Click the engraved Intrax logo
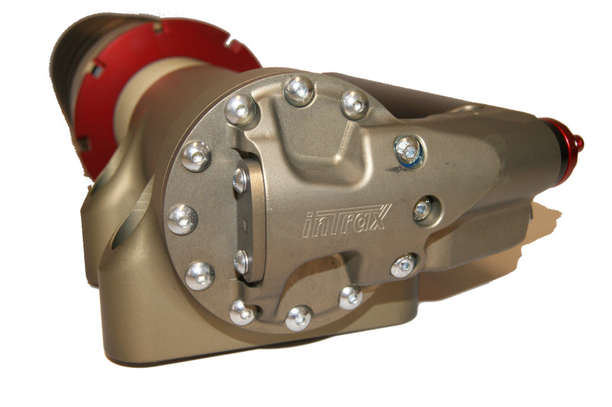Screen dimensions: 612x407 (347, 220)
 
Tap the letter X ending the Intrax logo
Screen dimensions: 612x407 (377, 217)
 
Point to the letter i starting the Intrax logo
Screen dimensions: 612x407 (309, 226)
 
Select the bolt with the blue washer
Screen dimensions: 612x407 (409, 151)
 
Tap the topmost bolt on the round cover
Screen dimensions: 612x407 (299, 91)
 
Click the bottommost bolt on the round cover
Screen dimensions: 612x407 (299, 318)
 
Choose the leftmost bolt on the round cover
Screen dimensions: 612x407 (182, 220)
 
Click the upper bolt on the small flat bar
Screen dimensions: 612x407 (239, 181)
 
